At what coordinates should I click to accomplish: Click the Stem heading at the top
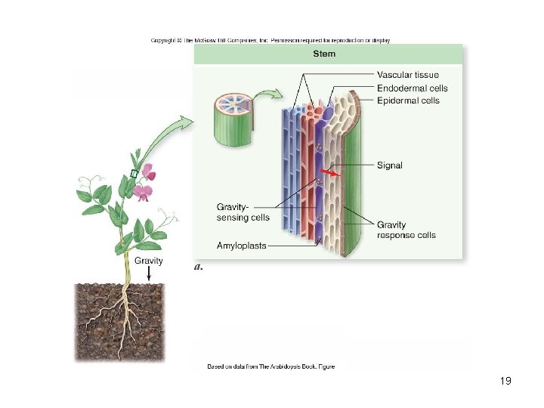point(325,54)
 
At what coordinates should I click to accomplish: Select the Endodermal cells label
point(413,88)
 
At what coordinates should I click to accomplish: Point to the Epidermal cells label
point(408,100)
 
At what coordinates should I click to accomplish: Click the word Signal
point(390,165)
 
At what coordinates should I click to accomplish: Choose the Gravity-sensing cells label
point(243,212)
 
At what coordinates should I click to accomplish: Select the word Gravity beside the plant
point(149,261)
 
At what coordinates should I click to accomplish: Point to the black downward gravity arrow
point(149,273)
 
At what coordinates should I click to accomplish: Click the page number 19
point(505,381)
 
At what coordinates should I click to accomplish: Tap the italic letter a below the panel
point(198,266)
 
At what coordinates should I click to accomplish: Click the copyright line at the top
point(270,40)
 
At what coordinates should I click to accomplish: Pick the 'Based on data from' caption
point(271,366)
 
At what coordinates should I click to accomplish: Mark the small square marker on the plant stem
point(133,175)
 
